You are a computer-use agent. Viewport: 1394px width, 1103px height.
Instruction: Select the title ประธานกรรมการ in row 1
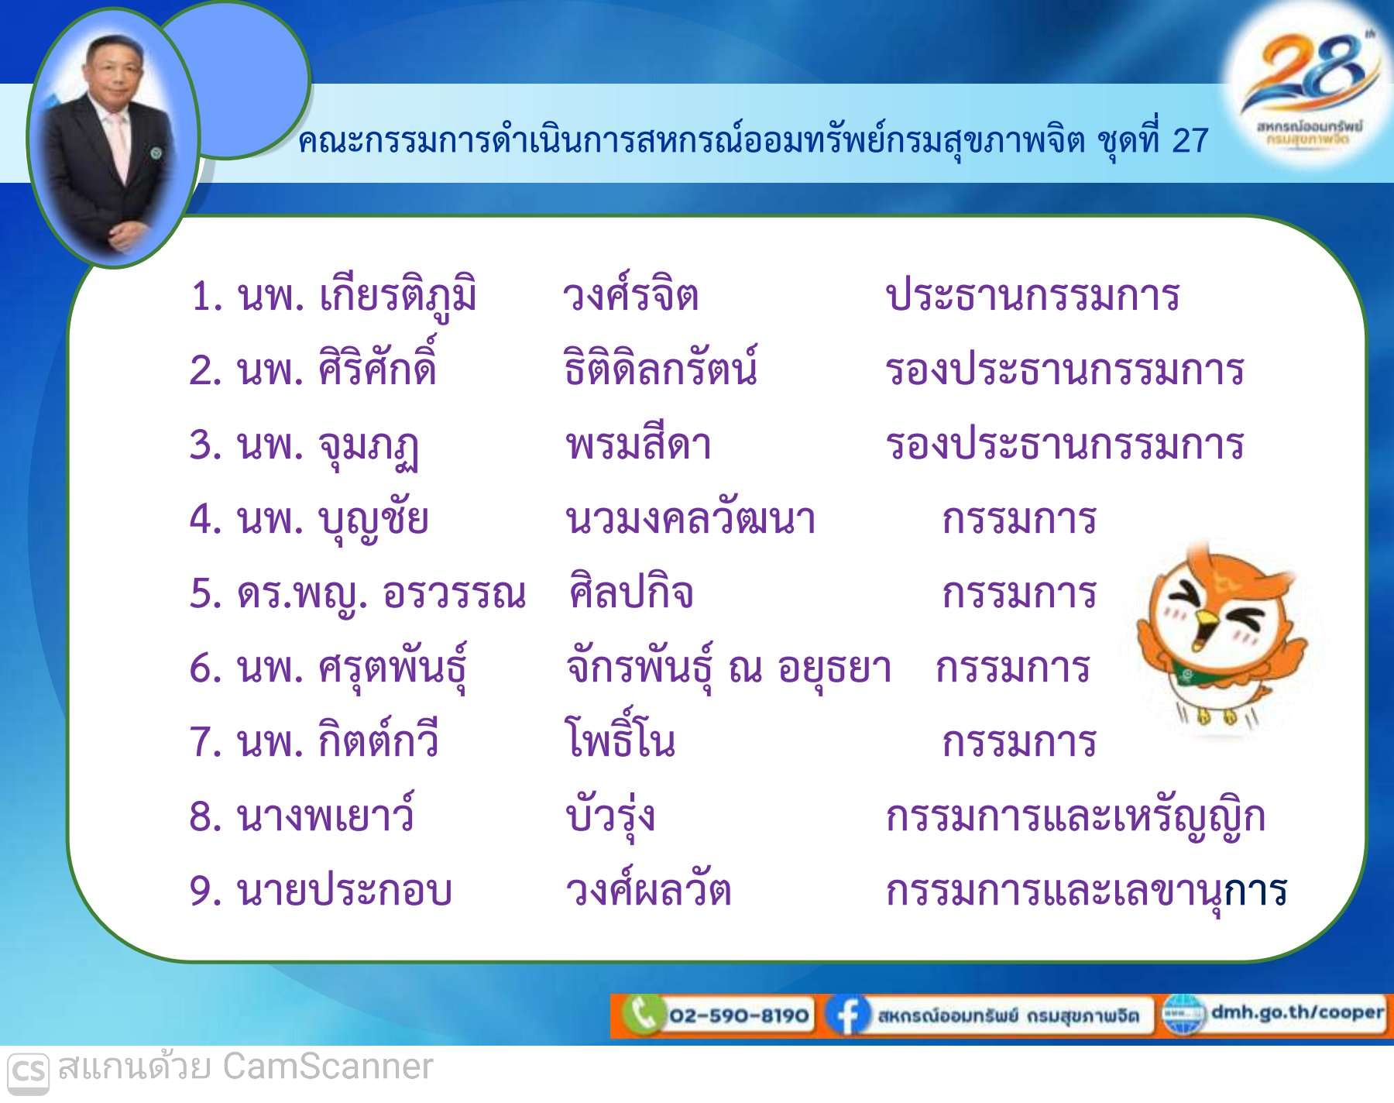coord(1032,295)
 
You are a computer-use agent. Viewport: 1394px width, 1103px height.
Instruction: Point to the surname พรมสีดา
coord(638,444)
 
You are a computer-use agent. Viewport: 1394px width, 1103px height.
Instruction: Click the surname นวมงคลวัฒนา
coord(690,517)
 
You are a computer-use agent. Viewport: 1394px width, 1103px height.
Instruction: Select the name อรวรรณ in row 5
coord(455,593)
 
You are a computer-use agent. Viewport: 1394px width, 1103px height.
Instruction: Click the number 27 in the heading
coord(1190,140)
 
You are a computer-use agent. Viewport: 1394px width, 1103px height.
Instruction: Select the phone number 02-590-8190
coord(739,1015)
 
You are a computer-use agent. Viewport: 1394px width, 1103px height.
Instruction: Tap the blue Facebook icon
coord(846,1015)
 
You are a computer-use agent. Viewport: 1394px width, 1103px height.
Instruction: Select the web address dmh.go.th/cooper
coord(1297,1012)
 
